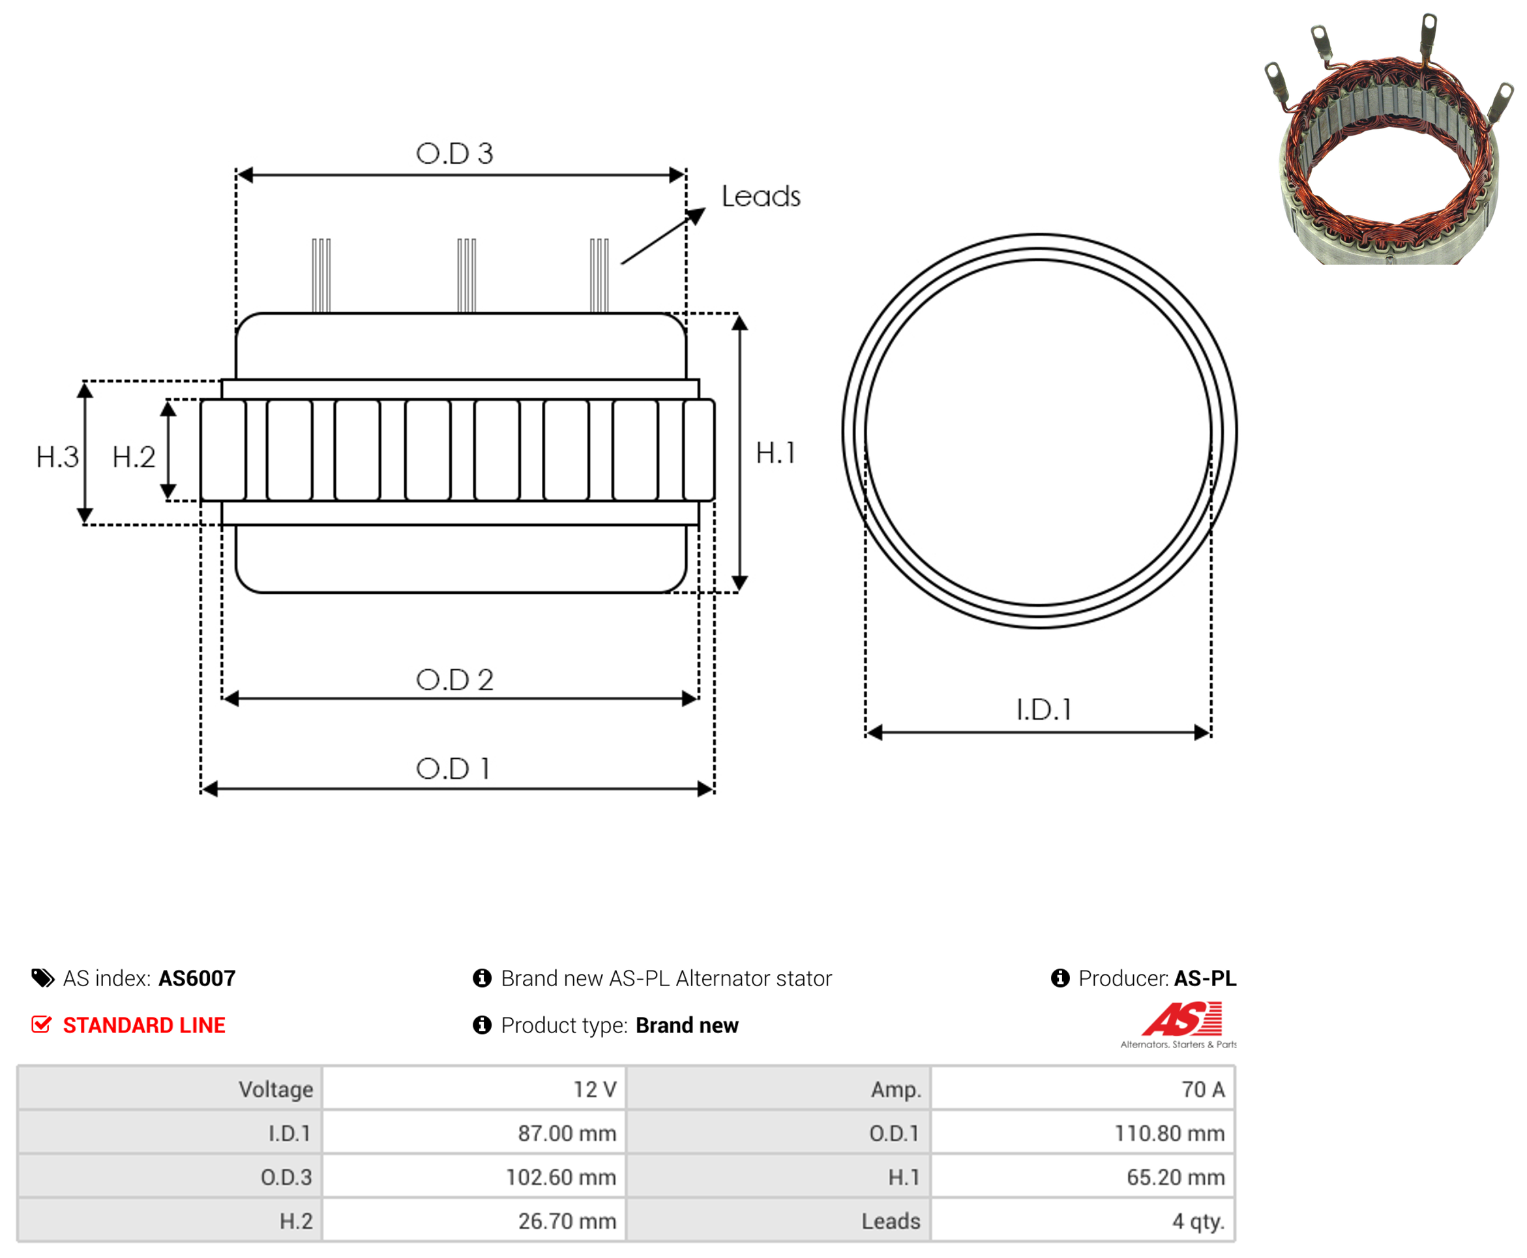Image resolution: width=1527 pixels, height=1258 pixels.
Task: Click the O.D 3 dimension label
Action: tap(454, 153)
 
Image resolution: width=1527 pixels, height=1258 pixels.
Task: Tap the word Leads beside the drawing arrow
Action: tap(760, 196)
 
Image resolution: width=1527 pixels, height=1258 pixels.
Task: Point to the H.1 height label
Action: tap(775, 453)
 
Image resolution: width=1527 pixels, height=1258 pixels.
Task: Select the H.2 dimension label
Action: tap(134, 458)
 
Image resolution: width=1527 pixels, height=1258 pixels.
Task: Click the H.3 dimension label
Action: tap(57, 458)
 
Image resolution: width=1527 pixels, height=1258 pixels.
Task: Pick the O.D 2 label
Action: tap(454, 680)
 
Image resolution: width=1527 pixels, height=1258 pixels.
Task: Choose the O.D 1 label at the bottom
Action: tap(453, 769)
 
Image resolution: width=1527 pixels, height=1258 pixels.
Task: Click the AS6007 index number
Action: tap(197, 978)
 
